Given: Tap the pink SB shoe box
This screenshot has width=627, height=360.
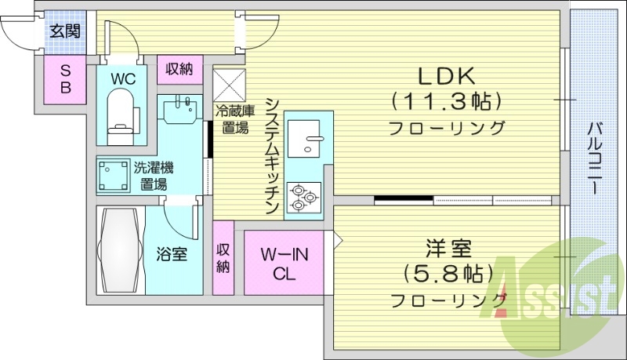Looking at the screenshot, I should (x=66, y=78).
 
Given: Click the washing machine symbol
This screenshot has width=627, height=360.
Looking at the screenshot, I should (x=114, y=175).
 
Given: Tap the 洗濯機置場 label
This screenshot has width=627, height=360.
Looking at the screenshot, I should (x=154, y=176).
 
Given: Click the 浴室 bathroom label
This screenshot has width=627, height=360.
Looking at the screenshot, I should (x=172, y=254).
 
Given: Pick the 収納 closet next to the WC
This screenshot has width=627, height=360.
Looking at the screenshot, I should (x=179, y=69).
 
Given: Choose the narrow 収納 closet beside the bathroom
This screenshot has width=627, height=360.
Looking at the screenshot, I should (x=223, y=257).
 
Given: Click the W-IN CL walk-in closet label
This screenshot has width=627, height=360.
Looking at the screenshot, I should (x=283, y=263).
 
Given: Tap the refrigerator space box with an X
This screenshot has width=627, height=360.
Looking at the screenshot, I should (x=230, y=83).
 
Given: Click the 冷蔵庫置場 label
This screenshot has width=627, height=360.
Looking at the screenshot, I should (x=235, y=119).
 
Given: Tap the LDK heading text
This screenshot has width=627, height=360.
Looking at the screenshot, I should (x=446, y=76).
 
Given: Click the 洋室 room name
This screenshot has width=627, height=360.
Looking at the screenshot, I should (x=448, y=249).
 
